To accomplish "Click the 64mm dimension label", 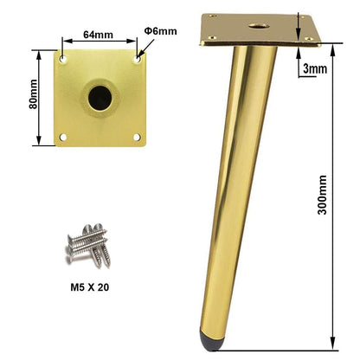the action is pyautogui.click(x=98, y=35).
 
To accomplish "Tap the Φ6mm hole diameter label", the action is pyautogui.click(x=160, y=31).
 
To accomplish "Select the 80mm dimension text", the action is pyautogui.click(x=33, y=94).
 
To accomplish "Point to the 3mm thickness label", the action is pyautogui.click(x=315, y=69).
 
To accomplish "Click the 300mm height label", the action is pyautogui.click(x=322, y=195).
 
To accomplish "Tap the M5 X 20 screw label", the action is pyautogui.click(x=90, y=287).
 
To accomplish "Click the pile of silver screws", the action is pyautogui.click(x=87, y=246).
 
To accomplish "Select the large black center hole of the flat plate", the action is pyautogui.click(x=100, y=98).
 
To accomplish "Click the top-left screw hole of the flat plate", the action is pyautogui.click(x=63, y=59).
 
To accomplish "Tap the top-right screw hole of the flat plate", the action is pyautogui.click(x=138, y=59).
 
